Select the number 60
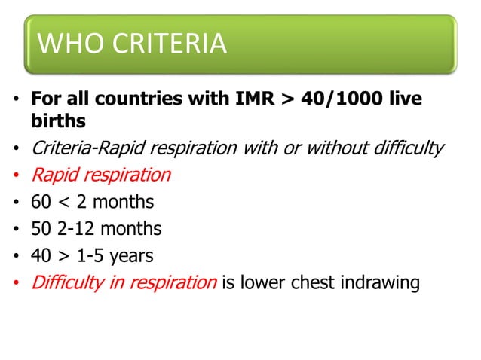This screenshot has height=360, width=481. pos(41,202)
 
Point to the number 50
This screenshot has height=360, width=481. pos(41,229)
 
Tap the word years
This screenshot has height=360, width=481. pos(131,256)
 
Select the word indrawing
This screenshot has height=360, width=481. pos(378,283)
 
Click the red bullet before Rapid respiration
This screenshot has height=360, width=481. pos(16,176)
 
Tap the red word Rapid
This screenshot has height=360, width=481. pos(53,175)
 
